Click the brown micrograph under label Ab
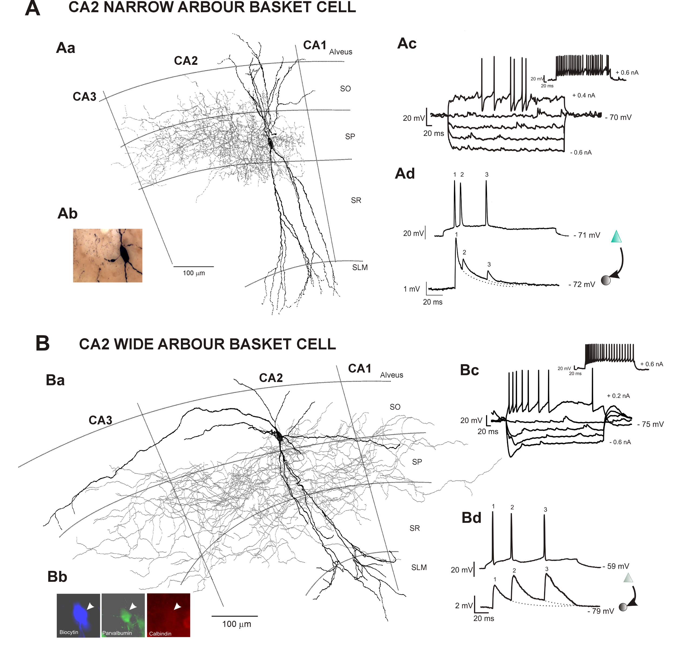tap(107, 255)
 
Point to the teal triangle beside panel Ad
tap(616, 236)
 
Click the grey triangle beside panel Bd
tap(628, 578)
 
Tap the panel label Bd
tap(471, 518)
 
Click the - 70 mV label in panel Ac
tap(618, 117)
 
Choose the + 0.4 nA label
tap(583, 95)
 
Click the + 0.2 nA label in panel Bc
tap(618, 396)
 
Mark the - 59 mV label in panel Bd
tap(616, 566)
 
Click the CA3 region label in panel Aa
tap(84, 97)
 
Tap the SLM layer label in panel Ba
tap(419, 567)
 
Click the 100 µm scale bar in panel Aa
tap(193, 266)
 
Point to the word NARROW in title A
tap(139, 7)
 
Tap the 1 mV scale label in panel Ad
tap(411, 289)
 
